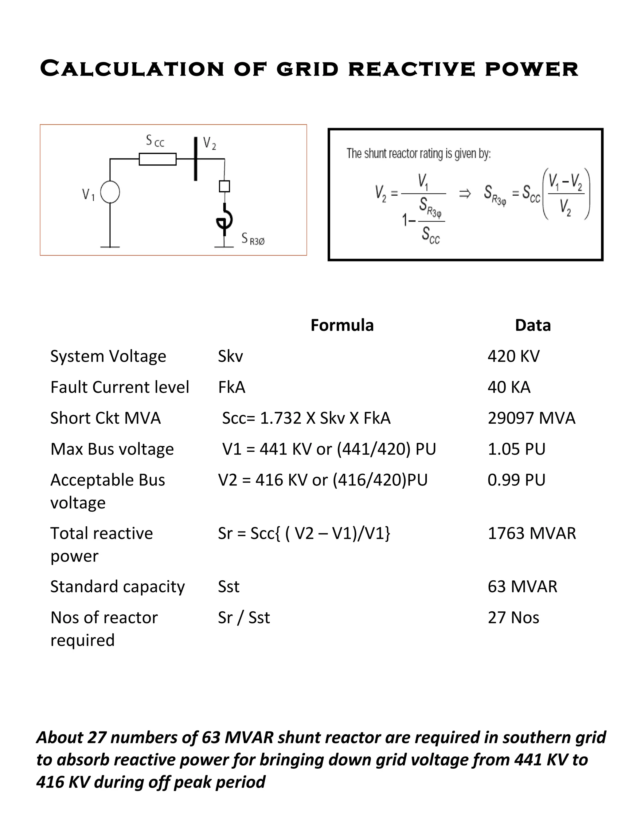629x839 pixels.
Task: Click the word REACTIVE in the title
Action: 411,69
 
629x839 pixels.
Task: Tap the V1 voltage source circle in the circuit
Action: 110,192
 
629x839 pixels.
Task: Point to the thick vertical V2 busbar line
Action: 196,159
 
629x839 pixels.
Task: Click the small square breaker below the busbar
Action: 225,186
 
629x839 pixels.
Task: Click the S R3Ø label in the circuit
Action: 253,239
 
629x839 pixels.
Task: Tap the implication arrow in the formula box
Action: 465,194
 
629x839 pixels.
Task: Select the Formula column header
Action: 342,325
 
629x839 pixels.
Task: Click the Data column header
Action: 533,325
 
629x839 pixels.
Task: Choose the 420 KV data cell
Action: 513,356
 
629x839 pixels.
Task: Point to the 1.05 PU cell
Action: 516,449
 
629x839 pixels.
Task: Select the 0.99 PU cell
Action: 516,480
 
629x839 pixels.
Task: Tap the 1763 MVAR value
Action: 532,533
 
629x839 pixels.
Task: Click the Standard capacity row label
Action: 118,587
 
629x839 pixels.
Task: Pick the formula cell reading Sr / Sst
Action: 244,618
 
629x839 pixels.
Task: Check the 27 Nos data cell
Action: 513,618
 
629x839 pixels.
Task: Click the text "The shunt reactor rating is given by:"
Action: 419,154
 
